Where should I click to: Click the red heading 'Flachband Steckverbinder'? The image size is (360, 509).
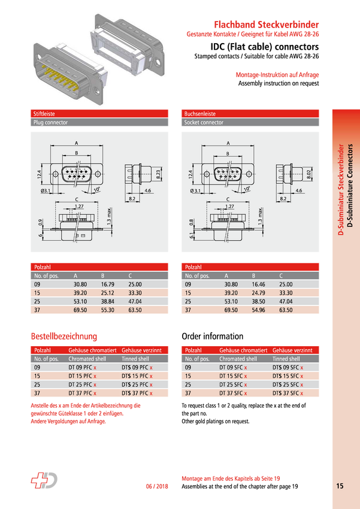pyautogui.click(x=266, y=25)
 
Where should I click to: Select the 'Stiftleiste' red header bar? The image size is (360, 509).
pyautogui.click(x=99, y=114)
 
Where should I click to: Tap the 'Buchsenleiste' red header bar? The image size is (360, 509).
pyautogui.click(x=250, y=114)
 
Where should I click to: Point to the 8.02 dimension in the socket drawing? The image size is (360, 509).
pyautogui.click(x=309, y=174)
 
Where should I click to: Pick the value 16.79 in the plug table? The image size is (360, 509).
pyautogui.click(x=107, y=284)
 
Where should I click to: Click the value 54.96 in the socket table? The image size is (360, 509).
pyautogui.click(x=258, y=310)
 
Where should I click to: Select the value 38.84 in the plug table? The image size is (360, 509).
pyautogui.click(x=107, y=302)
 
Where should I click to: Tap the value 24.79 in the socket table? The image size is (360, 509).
pyautogui.click(x=258, y=293)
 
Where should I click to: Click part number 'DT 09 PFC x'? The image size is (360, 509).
pyautogui.click(x=82, y=368)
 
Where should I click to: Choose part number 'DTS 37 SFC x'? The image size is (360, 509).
pyautogui.click(x=288, y=393)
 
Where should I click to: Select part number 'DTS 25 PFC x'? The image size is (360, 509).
pyautogui.click(x=137, y=384)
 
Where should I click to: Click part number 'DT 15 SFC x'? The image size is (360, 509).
pyautogui.click(x=233, y=376)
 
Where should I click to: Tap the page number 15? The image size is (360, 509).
pyautogui.click(x=340, y=486)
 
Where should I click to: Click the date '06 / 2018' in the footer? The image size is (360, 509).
pyautogui.click(x=157, y=486)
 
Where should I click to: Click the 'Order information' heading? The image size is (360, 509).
pyautogui.click(x=212, y=337)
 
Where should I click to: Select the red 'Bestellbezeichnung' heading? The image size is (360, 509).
pyautogui.click(x=64, y=337)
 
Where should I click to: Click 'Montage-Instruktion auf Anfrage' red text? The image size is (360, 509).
pyautogui.click(x=277, y=75)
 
